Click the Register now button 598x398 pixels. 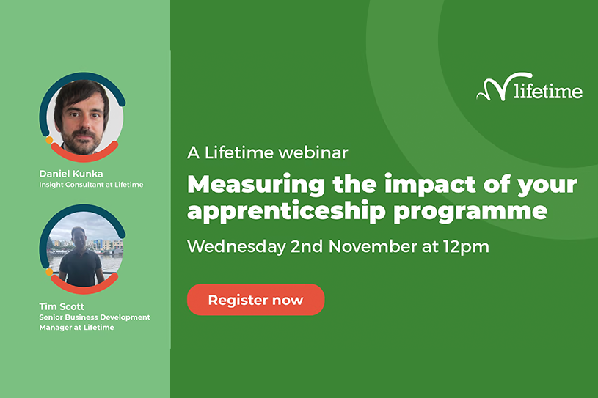pyautogui.click(x=255, y=300)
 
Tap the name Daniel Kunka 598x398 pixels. pyautogui.click(x=71, y=174)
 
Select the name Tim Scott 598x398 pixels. pyautogui.click(x=62, y=306)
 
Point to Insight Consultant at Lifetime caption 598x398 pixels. pyautogui.click(x=91, y=185)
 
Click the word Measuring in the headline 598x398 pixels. pyautogui.click(x=256, y=185)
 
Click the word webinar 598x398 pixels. pyautogui.click(x=313, y=152)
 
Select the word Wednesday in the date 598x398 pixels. pyautogui.click(x=236, y=247)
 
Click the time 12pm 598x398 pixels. pyautogui.click(x=466, y=247)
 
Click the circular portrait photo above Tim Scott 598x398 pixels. pyautogui.click(x=84, y=249)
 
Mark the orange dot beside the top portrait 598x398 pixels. pyautogui.click(x=49, y=140)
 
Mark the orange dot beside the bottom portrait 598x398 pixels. pyautogui.click(x=49, y=273)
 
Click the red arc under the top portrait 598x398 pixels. pyautogui.click(x=84, y=156)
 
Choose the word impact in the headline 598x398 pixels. pyautogui.click(x=430, y=185)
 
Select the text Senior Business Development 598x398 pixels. pyautogui.click(x=95, y=317)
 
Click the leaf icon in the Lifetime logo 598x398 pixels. pyautogui.click(x=494, y=86)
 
